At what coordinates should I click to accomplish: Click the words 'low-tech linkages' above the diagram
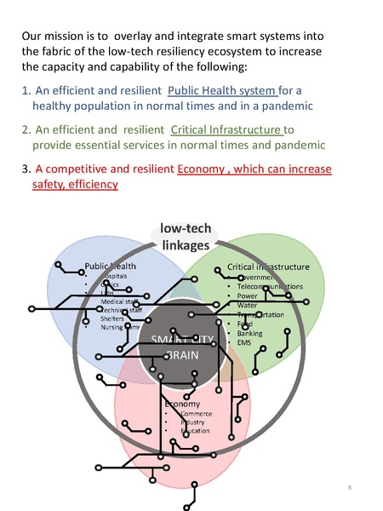click(185, 238)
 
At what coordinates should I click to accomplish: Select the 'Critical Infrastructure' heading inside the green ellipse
click(268, 267)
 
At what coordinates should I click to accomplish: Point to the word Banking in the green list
click(250, 333)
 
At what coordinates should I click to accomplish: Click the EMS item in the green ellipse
click(245, 342)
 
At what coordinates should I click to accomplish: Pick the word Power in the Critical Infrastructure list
click(248, 296)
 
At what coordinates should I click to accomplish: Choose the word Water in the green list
click(248, 305)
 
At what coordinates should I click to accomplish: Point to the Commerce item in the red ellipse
click(196, 413)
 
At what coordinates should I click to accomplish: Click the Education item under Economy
click(196, 432)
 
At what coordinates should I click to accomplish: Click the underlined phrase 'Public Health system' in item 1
click(223, 90)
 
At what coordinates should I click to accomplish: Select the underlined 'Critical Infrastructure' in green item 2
click(226, 129)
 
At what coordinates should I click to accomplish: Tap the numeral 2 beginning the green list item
click(26, 129)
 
